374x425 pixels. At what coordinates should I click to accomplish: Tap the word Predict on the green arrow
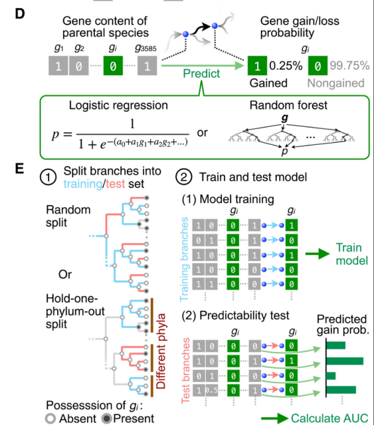click(x=201, y=74)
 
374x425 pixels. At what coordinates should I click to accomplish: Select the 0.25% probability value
click(x=286, y=66)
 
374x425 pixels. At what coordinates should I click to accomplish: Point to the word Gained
click(x=268, y=84)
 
